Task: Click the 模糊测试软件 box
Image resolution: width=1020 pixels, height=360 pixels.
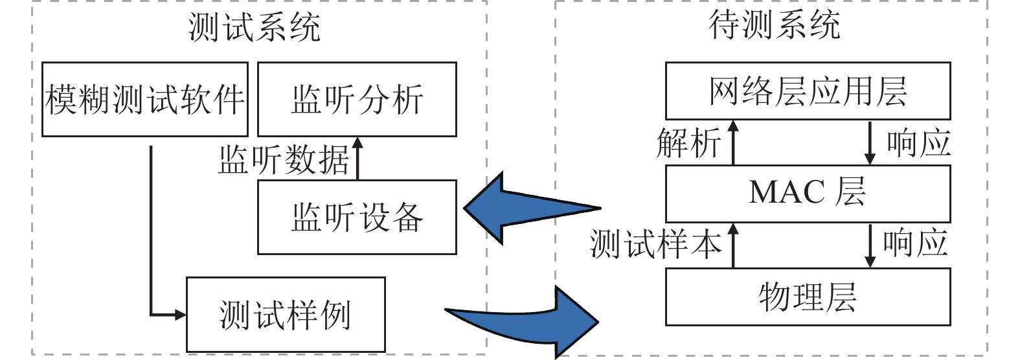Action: pos(145,99)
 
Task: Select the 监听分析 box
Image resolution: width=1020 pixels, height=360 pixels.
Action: pos(357,99)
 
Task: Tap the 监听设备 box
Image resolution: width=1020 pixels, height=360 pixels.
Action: pos(357,217)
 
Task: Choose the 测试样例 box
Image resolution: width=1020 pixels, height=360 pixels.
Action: pos(286,315)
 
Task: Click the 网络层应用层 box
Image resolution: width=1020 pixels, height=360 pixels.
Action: pos(808,91)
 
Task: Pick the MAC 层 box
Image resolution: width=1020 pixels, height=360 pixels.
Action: pos(808,193)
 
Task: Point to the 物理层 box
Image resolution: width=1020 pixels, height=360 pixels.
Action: pos(808,297)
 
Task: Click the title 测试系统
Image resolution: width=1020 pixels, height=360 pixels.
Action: pos(255,27)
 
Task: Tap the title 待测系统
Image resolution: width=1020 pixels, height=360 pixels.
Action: pos(775,26)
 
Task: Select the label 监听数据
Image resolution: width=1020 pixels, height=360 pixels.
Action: pos(284,159)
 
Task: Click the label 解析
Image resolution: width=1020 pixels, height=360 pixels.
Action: pos(688,142)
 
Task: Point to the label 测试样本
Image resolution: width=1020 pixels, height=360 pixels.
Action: pos(655,245)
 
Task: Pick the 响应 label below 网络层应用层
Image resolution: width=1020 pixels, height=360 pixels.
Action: pos(918,142)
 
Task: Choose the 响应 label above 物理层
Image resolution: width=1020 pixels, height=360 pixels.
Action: pos(915,243)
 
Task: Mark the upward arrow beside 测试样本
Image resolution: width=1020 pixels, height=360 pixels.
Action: pos(733,245)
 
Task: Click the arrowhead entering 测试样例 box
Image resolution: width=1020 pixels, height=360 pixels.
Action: pos(179,315)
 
